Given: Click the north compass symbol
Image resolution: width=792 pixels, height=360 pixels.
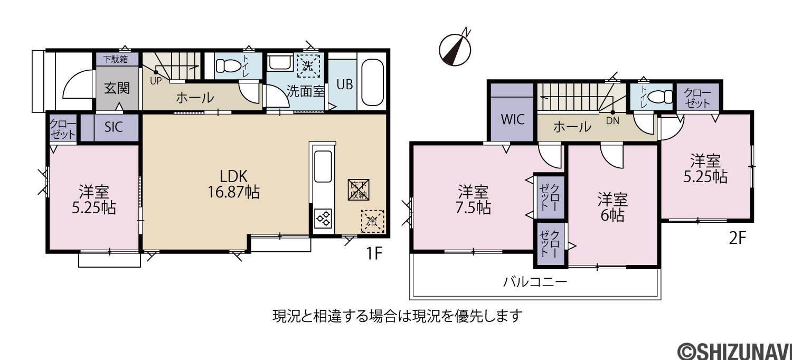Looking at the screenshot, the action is pos(455,49).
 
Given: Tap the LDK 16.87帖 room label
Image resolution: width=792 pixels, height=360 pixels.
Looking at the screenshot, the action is pos(233,184).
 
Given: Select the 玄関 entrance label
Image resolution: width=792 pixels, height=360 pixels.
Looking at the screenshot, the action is pos(117,88).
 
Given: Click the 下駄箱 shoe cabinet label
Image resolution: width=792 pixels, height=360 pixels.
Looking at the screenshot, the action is pos(116,59).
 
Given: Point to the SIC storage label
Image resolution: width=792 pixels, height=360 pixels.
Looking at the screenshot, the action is pos(114,127).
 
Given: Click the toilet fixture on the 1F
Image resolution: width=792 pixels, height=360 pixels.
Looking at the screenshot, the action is pos(228,66).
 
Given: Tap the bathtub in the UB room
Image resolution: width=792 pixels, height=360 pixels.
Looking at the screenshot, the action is pos(373,82).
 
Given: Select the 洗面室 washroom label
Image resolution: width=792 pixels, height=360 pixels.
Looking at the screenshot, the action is pos(306,91).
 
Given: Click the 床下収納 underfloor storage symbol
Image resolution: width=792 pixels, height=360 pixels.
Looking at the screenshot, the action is pos(359,190).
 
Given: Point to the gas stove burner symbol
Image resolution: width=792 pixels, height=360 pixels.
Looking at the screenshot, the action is pos(323,218).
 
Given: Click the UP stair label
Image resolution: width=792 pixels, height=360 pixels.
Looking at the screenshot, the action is pos(156,81).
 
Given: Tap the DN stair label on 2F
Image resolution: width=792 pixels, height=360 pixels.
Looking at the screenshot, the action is pos(612,121).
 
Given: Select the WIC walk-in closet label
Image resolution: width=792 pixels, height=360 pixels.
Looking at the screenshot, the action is pos(512,119).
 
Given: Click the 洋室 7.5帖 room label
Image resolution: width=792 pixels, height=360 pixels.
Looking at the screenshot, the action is pos(473,200).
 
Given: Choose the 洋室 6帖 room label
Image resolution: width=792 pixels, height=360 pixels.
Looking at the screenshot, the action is pos(612,207).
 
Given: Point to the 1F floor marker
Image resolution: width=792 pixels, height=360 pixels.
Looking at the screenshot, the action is pos(374,253).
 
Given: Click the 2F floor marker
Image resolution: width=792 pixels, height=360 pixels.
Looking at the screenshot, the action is pos(738,238).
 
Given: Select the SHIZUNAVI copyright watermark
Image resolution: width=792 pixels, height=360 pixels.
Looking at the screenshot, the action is pos(734,352).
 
